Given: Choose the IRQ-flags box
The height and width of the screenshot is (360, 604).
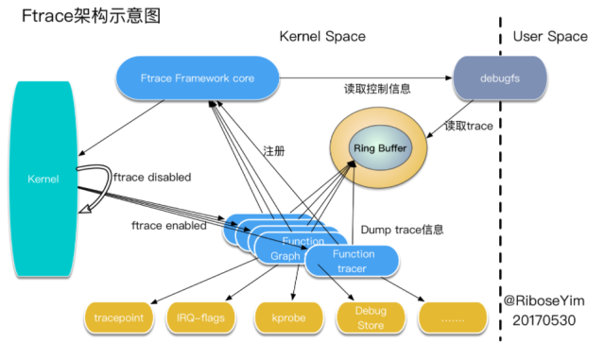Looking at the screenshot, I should (x=199, y=318).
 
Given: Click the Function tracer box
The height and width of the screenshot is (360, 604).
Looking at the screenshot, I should (x=353, y=261).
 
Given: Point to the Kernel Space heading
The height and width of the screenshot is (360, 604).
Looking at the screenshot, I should (x=321, y=37).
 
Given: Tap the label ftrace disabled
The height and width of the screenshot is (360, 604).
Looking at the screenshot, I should (x=152, y=177).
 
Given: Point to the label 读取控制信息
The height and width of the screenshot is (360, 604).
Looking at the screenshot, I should (x=377, y=90).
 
